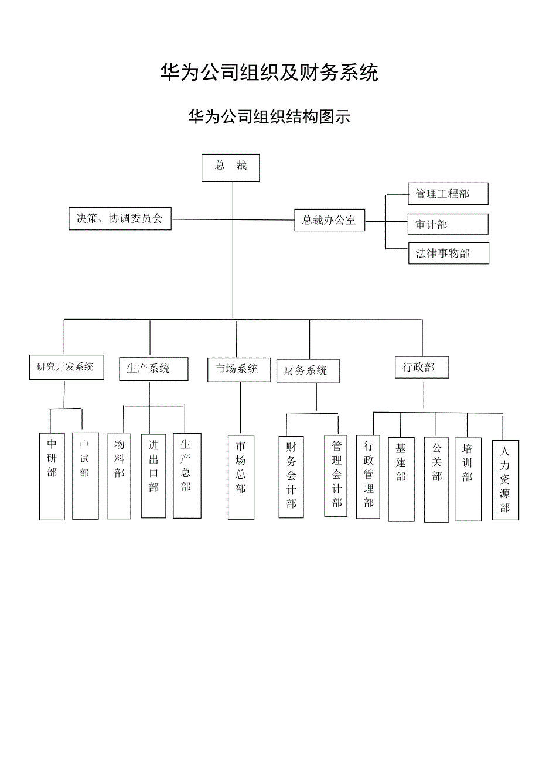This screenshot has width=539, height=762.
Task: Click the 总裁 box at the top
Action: (x=230, y=167)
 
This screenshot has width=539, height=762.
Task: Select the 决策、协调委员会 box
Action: (x=120, y=218)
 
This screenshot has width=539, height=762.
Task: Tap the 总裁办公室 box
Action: (x=329, y=220)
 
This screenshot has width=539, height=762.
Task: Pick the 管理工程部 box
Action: (x=448, y=193)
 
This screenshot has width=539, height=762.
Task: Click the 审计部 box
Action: (x=448, y=224)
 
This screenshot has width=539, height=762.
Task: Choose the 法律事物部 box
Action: (x=448, y=253)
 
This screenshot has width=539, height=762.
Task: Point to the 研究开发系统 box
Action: (x=66, y=367)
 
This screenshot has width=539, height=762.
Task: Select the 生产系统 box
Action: (x=153, y=369)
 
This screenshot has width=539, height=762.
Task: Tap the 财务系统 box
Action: (x=308, y=371)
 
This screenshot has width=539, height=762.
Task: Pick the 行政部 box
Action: (x=422, y=368)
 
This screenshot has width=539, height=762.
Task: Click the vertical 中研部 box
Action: (x=52, y=476)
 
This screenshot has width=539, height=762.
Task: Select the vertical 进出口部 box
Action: (x=153, y=475)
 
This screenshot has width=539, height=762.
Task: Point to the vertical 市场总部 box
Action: (x=241, y=476)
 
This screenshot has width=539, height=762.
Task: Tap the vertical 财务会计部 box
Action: (x=291, y=476)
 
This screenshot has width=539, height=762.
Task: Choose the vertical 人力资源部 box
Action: (x=505, y=480)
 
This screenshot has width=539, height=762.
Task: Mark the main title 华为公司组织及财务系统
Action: (x=269, y=73)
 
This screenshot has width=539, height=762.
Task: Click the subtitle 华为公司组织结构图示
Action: (x=269, y=116)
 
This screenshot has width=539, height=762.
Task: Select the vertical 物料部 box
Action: (x=119, y=475)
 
